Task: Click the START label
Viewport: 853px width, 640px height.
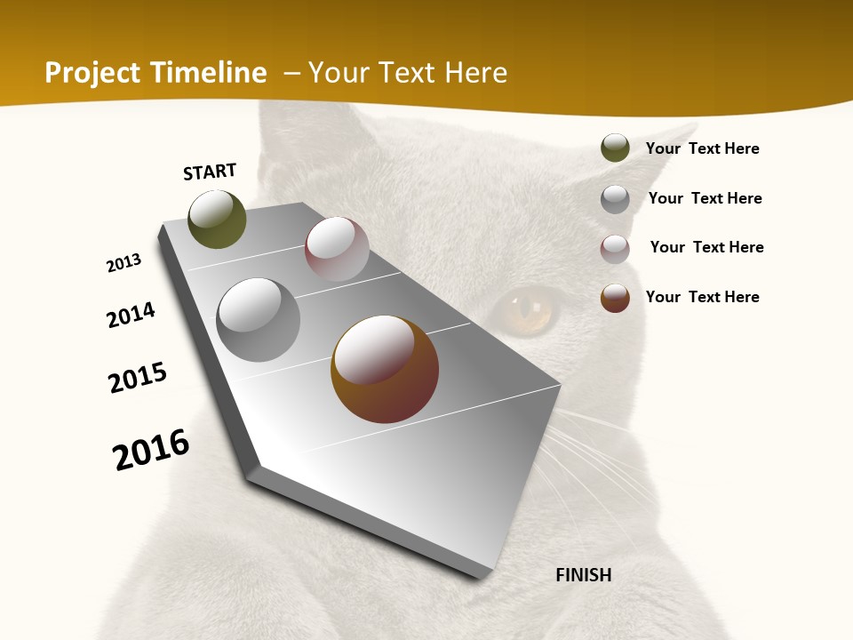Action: tap(210, 172)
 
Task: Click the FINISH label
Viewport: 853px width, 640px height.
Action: tap(584, 575)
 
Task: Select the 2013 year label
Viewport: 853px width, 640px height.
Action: tap(124, 263)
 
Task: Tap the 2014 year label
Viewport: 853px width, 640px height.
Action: tap(132, 315)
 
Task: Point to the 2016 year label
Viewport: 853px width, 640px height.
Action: tap(151, 450)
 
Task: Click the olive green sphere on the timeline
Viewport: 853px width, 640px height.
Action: tap(217, 220)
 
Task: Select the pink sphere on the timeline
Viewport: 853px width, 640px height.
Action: tap(337, 249)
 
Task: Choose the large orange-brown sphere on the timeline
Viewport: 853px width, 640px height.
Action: tap(385, 369)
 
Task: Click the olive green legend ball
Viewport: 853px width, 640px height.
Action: tap(615, 148)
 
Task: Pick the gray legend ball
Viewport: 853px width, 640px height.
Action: tap(615, 199)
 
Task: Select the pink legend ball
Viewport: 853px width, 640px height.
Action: tap(615, 249)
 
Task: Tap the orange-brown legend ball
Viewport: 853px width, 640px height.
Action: tap(615, 298)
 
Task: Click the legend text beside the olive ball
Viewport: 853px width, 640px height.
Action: tap(702, 148)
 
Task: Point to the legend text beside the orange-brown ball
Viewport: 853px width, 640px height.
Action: tap(702, 297)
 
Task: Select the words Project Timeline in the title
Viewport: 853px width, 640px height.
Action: tap(155, 73)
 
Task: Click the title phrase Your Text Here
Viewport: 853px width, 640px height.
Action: tap(408, 73)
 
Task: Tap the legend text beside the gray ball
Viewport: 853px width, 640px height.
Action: tap(705, 198)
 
